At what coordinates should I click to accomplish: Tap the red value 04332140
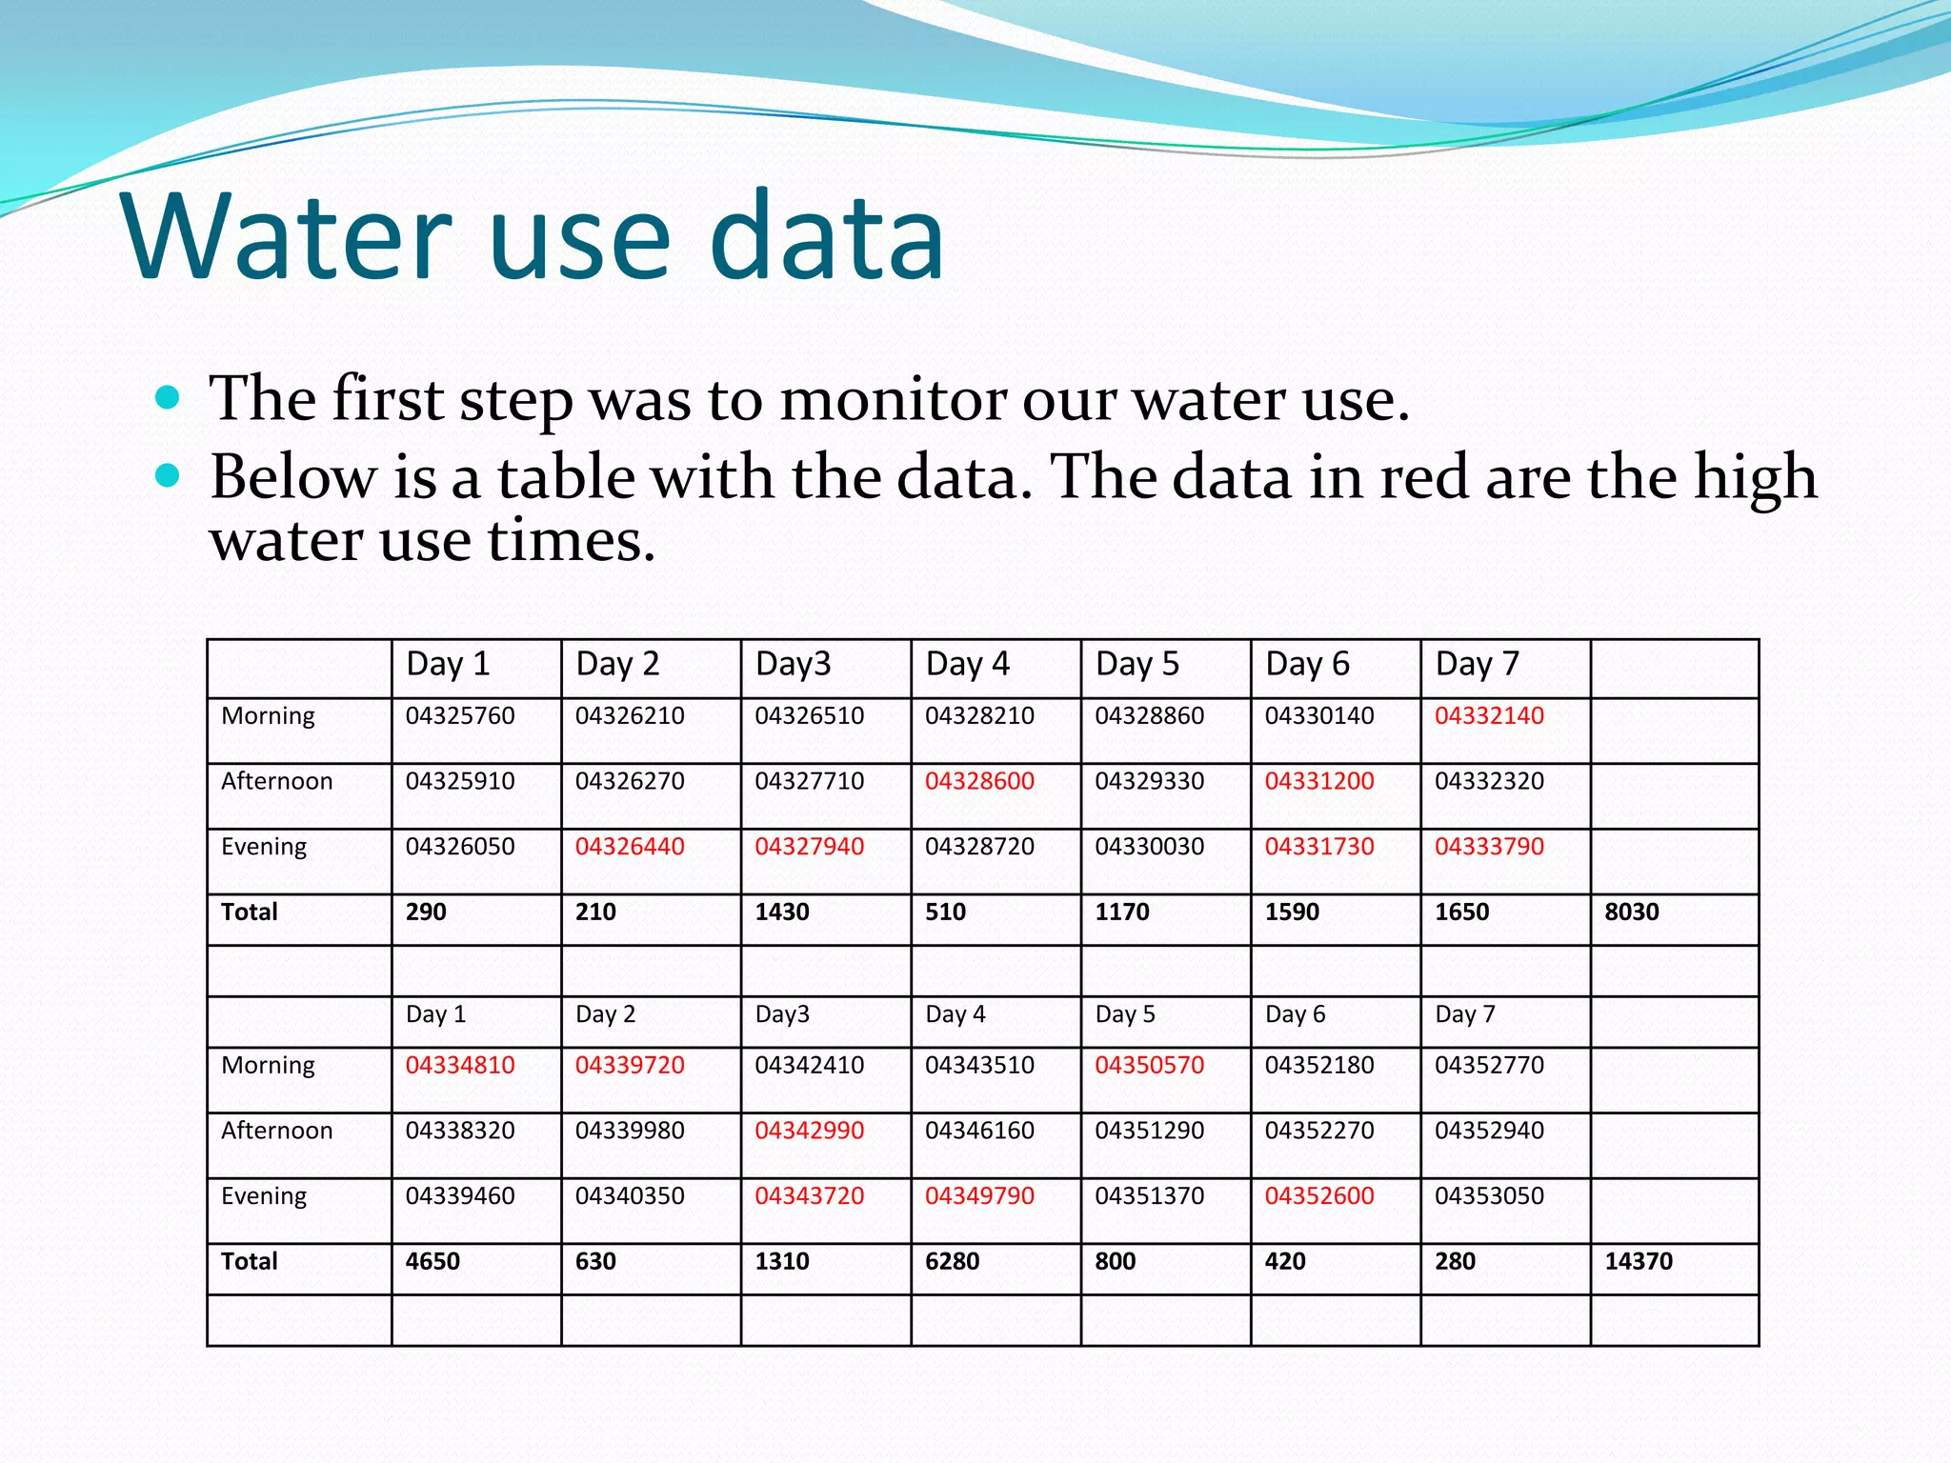coord(1489,715)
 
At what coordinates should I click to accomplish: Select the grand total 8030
coord(1631,912)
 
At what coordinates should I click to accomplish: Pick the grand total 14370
coord(1638,1261)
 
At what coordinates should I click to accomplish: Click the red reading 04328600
coord(979,781)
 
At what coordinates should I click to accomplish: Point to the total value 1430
coord(781,912)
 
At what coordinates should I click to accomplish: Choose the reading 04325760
coord(460,715)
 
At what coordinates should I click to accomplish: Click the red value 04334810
coord(460,1065)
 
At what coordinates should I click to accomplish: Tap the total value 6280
coord(952,1261)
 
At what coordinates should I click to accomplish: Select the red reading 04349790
coord(979,1195)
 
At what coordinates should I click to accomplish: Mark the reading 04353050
coord(1489,1195)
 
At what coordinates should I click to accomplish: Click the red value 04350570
coord(1149,1065)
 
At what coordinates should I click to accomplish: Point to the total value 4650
coord(432,1261)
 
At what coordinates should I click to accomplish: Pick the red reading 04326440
coord(630,846)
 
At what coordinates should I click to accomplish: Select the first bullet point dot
coord(167,396)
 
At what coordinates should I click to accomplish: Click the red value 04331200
coord(1319,781)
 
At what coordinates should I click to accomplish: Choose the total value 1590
coord(1292,912)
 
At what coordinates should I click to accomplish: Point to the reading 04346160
coord(979,1131)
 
